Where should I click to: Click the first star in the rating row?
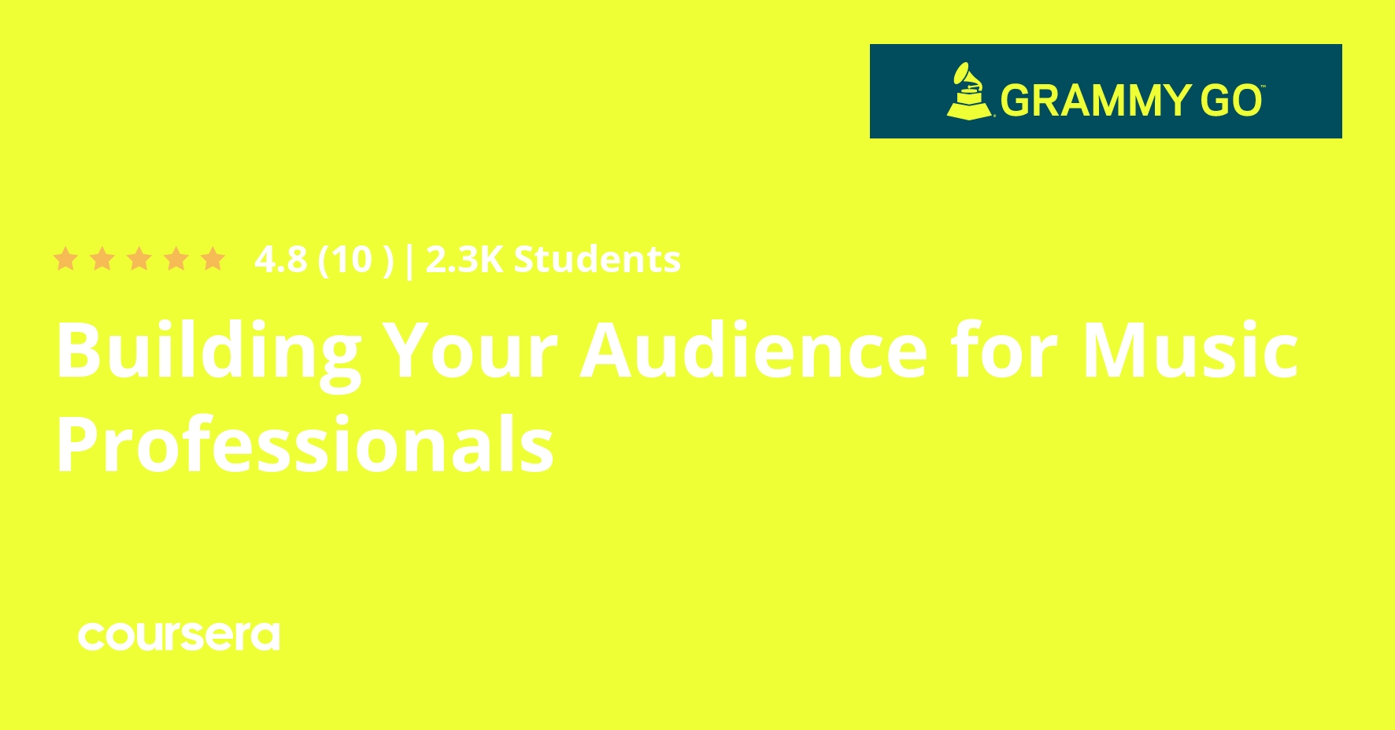click(65, 259)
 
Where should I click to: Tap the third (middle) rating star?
click(139, 259)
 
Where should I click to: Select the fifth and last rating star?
click(213, 259)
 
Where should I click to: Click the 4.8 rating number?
click(280, 260)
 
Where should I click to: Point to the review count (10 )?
click(355, 260)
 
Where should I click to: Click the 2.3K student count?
click(464, 260)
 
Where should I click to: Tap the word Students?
click(597, 260)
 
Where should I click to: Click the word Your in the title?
click(470, 351)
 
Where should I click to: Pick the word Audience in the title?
click(754, 350)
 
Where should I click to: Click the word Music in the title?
click(1190, 350)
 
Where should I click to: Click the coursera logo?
click(179, 636)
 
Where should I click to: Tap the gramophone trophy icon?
click(970, 91)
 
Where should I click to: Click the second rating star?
click(102, 259)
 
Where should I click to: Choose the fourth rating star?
click(176, 259)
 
